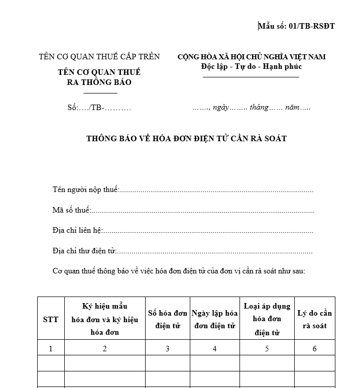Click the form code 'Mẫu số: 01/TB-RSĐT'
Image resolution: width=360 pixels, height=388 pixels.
click(x=297, y=26)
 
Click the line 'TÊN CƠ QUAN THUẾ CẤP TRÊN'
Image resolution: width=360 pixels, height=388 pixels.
click(x=99, y=57)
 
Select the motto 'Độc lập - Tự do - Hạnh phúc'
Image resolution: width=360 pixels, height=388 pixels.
click(x=251, y=66)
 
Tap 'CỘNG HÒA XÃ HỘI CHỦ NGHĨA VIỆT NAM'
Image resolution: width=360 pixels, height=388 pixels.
click(x=252, y=57)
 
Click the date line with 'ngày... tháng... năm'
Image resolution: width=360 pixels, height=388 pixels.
click(x=252, y=108)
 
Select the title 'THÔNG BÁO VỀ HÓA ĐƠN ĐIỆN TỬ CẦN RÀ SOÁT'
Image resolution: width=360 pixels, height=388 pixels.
click(x=187, y=138)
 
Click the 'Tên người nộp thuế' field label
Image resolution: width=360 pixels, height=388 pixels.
click(x=86, y=189)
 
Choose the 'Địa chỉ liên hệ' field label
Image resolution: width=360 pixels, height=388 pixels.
click(x=77, y=230)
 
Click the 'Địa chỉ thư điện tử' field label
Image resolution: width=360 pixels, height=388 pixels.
click(x=84, y=250)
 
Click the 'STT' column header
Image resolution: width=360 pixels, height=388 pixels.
click(x=51, y=319)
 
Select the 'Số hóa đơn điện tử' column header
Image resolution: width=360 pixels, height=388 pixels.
click(x=167, y=319)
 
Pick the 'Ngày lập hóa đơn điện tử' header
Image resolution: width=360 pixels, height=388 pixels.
click(x=214, y=319)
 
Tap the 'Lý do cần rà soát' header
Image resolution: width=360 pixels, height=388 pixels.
click(x=314, y=319)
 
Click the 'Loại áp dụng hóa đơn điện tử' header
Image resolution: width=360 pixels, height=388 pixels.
click(x=267, y=319)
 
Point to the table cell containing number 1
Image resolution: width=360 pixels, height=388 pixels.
click(x=51, y=348)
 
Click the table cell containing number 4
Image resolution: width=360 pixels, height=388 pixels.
click(x=214, y=348)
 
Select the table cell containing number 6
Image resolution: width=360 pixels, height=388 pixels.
click(x=314, y=348)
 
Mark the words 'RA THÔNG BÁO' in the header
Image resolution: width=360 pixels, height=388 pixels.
click(x=99, y=82)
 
